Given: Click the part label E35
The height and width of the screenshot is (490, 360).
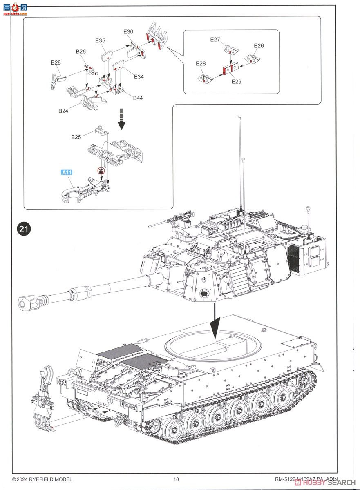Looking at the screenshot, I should pyautogui.click(x=100, y=40).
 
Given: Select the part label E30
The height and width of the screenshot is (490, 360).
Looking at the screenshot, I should pyautogui.click(x=128, y=32).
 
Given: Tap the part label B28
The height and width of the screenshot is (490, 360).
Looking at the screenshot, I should pyautogui.click(x=56, y=62).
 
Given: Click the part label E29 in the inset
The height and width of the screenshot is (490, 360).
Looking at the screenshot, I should pyautogui.click(x=236, y=81).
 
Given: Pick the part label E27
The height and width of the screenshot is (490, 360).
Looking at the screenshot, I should pyautogui.click(x=215, y=40).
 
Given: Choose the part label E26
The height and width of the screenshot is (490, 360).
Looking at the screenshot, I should pyautogui.click(x=259, y=46).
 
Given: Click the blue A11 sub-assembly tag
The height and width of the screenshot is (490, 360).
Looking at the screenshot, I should pyautogui.click(x=67, y=172).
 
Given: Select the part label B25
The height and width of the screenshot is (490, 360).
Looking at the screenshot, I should pyautogui.click(x=76, y=137).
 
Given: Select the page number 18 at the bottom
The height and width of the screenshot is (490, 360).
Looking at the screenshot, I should pyautogui.click(x=176, y=479).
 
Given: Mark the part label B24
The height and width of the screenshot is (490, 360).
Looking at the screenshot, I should pyautogui.click(x=63, y=111).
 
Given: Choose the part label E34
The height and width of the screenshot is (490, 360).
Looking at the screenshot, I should pyautogui.click(x=139, y=77).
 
